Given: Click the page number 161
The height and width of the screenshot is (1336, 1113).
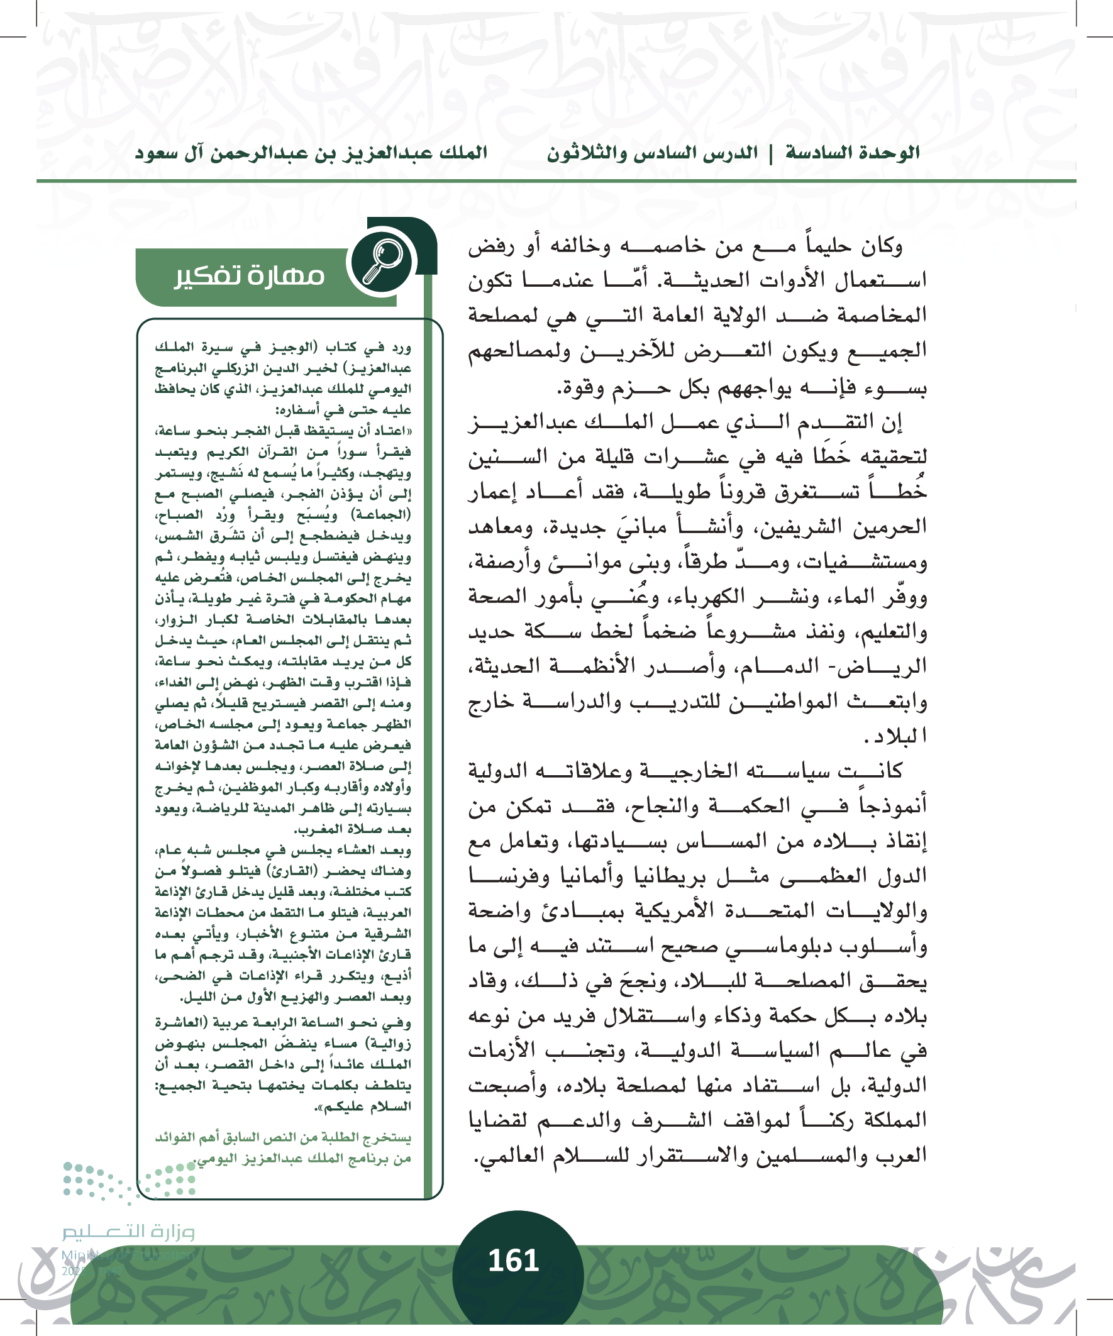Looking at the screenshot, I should click(x=514, y=1261).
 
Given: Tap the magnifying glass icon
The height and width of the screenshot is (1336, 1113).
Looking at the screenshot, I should click(x=382, y=260).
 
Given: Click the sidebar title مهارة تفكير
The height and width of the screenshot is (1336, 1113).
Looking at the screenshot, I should click(x=250, y=275).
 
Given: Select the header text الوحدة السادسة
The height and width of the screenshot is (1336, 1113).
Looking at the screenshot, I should click(x=853, y=153).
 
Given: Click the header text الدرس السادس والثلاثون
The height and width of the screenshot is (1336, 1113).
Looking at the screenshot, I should click(x=652, y=153).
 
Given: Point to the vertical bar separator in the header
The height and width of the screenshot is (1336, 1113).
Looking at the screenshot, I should click(x=772, y=153).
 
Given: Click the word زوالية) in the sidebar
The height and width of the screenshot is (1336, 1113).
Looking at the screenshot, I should click(x=389, y=1044).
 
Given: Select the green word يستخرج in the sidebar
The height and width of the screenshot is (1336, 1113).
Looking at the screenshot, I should click(x=384, y=1137).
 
